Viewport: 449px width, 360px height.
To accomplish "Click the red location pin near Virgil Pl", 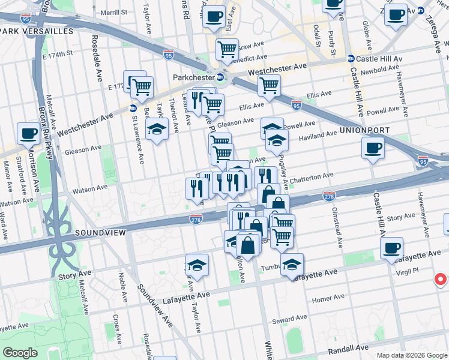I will pos(440,280).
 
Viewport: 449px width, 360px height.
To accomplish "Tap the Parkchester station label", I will pos(193,77).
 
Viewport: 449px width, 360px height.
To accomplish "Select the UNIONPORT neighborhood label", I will pos(364,130).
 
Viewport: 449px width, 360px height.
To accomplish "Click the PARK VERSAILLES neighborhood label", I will pos(37,31).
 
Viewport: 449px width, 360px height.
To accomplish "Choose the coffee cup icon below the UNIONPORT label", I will pos(373,148).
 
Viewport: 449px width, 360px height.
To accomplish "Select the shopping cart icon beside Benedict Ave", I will pos(227,50).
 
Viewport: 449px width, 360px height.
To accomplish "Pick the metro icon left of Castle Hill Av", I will pos(351,59).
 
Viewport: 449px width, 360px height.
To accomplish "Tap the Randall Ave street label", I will pos(348,348).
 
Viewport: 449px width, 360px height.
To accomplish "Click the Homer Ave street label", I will pos(327,297).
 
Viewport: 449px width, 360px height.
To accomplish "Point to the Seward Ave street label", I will pos(290,319).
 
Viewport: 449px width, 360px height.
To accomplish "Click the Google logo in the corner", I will pos(20,353).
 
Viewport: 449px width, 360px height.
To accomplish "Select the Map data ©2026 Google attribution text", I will pos(412,355).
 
